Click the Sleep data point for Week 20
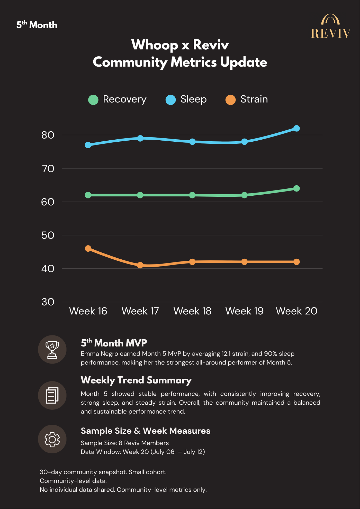coord(296,128)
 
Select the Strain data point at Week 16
coord(88,248)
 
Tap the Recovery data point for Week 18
coord(192,195)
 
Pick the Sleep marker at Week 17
coord(140,138)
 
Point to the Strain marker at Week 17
coord(140,265)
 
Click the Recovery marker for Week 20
coord(296,188)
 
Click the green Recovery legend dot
coord(93,100)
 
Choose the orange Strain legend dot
coord(231,100)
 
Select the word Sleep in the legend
coord(194,99)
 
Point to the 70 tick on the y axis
coord(48,169)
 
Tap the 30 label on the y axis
coord(48,302)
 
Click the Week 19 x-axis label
coord(244,311)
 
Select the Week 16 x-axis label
coord(88,311)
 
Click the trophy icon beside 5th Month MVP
coord(52,350)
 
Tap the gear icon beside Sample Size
coord(52,439)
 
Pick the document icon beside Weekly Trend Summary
coord(52,395)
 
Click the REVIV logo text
coord(331,33)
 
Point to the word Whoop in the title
coord(155,45)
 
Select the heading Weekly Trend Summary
coord(136,380)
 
